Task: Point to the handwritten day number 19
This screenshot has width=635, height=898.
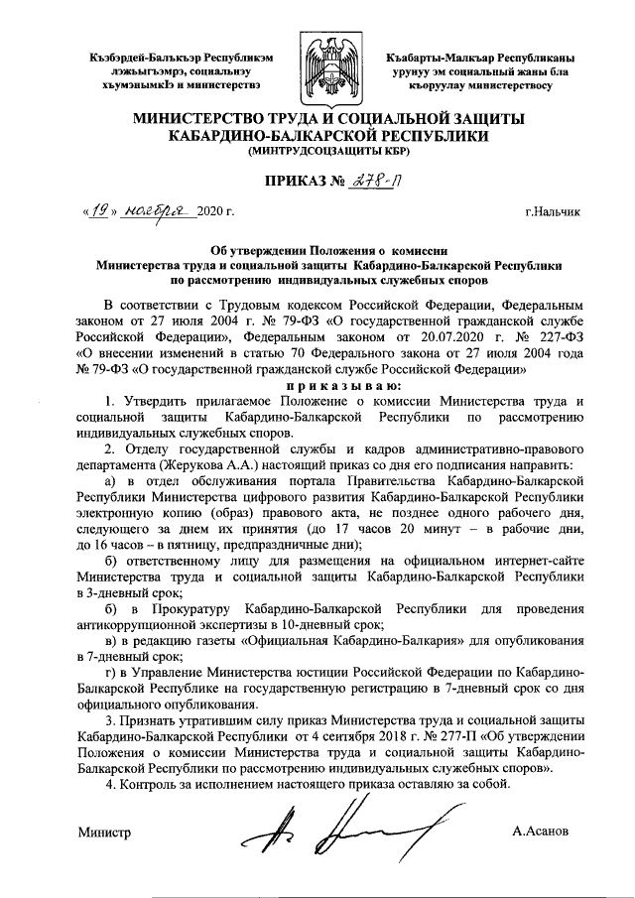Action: [98, 211]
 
